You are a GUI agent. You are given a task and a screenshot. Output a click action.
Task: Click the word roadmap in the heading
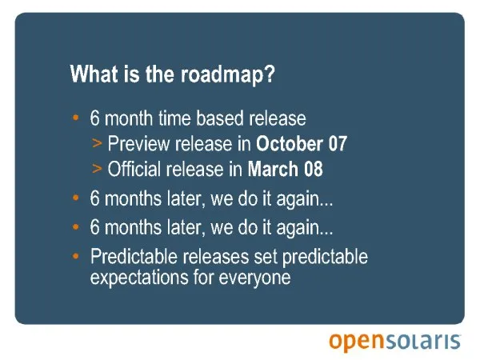pyautogui.click(x=222, y=74)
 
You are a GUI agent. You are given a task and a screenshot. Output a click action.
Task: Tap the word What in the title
pyautogui.click(x=94, y=74)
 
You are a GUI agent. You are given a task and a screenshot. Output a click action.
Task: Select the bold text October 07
pyautogui.click(x=302, y=143)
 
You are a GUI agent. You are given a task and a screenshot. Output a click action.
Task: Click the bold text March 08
pyautogui.click(x=285, y=169)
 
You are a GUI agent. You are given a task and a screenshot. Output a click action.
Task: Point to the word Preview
pyautogui.click(x=138, y=143)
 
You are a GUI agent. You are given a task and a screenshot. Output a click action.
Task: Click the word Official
pyautogui.click(x=134, y=169)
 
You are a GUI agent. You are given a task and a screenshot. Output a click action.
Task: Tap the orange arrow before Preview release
pyautogui.click(x=97, y=143)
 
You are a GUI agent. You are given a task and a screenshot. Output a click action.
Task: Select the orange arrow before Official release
pyautogui.click(x=97, y=169)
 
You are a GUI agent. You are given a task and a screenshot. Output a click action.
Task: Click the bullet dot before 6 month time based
pyautogui.click(x=76, y=118)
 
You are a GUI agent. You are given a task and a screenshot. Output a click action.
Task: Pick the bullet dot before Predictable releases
pyautogui.click(x=76, y=256)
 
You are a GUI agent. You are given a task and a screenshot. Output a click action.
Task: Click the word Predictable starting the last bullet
pyautogui.click(x=134, y=256)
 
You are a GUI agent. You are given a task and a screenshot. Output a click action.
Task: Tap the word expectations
pyautogui.click(x=139, y=278)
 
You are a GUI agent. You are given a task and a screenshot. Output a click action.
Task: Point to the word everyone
pyautogui.click(x=254, y=278)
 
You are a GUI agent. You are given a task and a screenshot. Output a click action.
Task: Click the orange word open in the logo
pyautogui.click(x=356, y=341)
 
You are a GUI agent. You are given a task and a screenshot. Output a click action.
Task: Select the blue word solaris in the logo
pyautogui.click(x=422, y=341)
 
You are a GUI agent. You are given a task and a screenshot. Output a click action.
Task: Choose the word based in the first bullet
pyautogui.click(x=220, y=118)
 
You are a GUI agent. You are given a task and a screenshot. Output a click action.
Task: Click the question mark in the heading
pyautogui.click(x=270, y=74)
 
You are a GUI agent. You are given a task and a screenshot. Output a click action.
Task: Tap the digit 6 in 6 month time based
pyautogui.click(x=94, y=118)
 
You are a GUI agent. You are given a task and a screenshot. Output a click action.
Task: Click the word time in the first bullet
pyautogui.click(x=174, y=118)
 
